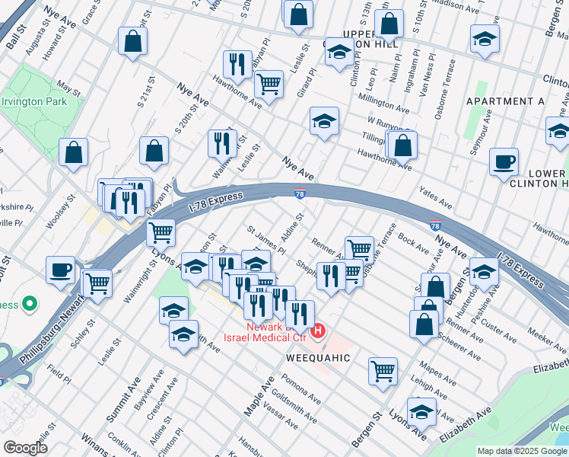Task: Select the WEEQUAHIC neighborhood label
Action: pos(318,357)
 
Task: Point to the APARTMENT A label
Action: pos(505,101)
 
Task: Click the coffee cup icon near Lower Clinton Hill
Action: pos(504,162)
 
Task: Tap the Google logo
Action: pos(25,448)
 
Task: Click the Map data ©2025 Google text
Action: pos(522,451)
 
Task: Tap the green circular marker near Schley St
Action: pos(30,305)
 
